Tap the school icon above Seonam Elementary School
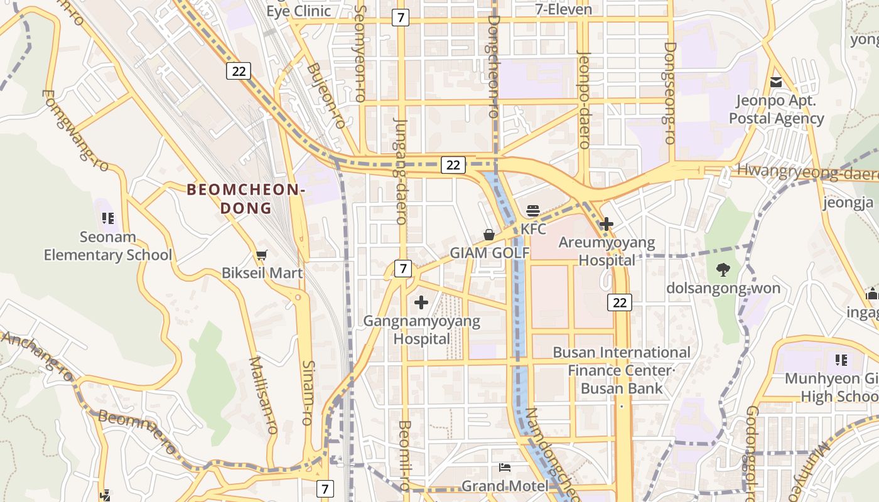(107, 218)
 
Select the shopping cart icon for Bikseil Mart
(261, 255)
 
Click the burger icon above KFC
(533, 211)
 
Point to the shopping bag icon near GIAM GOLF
(489, 235)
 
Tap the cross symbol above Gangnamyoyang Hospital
(421, 303)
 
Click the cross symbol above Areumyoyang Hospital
(607, 223)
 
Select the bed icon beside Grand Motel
(504, 467)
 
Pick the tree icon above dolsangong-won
(723, 270)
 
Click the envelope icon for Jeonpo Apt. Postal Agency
(776, 82)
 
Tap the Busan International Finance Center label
(621, 361)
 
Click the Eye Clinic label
(298, 11)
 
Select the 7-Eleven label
(563, 9)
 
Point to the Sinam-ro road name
(308, 393)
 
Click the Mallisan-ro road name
(263, 395)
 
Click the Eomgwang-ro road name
(75, 131)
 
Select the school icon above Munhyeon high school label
(841, 360)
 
